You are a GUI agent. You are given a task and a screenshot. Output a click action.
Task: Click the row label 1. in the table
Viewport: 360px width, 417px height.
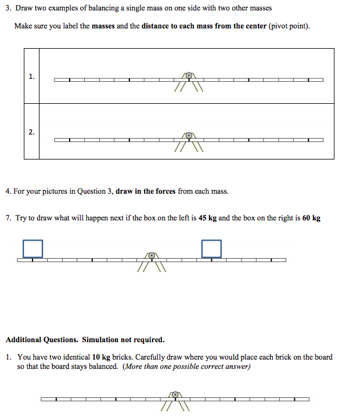31,76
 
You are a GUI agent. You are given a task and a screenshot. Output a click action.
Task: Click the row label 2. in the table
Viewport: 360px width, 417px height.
31,132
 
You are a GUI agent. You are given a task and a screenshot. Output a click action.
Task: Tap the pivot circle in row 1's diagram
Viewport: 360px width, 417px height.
188,75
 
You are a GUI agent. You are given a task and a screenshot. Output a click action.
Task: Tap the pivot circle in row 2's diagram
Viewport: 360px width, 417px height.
188,136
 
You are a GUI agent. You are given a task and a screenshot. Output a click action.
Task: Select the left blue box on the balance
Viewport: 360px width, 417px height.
33,248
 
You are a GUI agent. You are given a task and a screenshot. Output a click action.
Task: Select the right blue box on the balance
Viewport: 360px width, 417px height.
212,248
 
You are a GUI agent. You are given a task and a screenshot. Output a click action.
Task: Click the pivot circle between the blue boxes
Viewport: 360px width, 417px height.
152,255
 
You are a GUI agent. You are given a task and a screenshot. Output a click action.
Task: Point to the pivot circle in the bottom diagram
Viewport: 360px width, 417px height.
175,394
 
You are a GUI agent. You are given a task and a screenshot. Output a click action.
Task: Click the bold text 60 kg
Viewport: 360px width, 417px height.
311,218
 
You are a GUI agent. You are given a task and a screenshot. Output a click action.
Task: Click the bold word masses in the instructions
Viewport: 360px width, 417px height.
103,27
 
